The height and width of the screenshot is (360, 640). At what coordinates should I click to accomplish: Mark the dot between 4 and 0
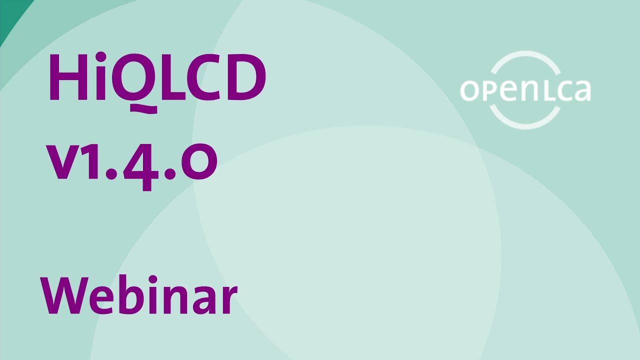[170, 175]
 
